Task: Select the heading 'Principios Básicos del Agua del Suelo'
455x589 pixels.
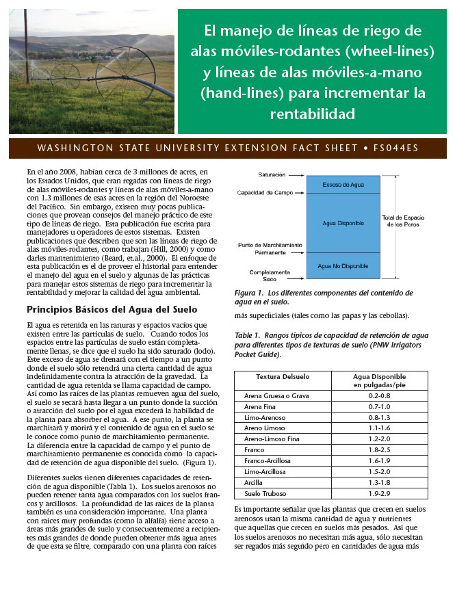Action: click(103, 309)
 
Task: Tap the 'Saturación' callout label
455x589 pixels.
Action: click(272, 175)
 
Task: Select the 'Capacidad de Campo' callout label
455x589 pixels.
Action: click(265, 193)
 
